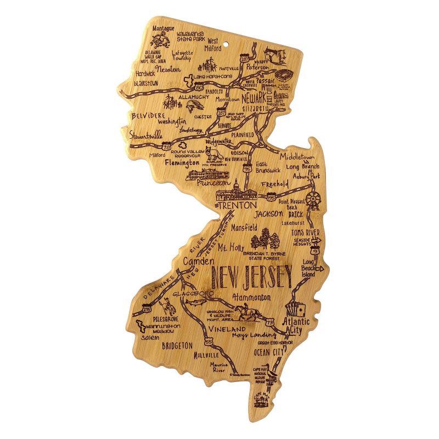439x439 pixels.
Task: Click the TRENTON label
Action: [238, 205]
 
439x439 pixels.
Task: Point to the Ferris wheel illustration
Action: [313, 199]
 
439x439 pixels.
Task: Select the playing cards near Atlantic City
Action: [295, 311]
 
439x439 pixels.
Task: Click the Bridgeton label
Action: [177, 346]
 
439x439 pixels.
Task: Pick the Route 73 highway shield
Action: [269, 323]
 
